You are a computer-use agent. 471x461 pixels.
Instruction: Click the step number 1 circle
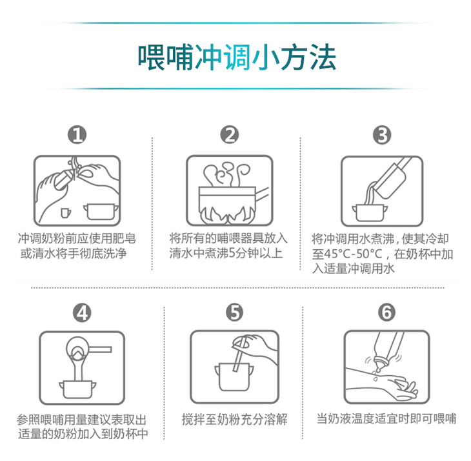click(77, 135)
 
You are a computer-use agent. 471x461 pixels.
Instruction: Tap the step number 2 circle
click(230, 135)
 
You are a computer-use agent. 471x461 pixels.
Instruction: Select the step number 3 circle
click(382, 135)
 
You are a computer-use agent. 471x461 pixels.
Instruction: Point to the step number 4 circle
click(83, 313)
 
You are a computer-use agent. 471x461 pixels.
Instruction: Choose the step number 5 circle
click(235, 312)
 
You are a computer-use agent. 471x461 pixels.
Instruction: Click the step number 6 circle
click(387, 312)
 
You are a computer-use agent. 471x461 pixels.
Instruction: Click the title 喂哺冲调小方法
click(237, 57)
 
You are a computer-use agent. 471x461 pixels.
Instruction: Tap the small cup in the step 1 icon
click(65, 213)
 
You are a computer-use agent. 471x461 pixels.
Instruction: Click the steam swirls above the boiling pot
click(226, 174)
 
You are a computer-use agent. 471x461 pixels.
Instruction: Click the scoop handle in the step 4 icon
click(100, 349)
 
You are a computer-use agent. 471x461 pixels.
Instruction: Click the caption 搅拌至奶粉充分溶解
click(235, 419)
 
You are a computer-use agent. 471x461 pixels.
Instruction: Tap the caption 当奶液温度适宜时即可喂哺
click(386, 418)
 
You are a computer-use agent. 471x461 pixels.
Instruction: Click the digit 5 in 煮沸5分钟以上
click(232, 253)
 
